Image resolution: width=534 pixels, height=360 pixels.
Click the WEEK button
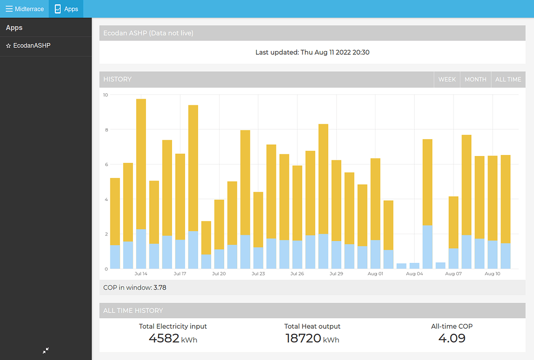447,79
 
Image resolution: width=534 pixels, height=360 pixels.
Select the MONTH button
475,79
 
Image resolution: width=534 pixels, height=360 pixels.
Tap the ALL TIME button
508,79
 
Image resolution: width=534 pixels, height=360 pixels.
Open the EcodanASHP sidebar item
31,46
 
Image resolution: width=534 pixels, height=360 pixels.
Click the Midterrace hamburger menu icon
9,9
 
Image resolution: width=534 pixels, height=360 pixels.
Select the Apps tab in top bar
66,9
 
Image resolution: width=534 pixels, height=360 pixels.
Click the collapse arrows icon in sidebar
46,351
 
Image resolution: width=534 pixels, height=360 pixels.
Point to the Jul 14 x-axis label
141,273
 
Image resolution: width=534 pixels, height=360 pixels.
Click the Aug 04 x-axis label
415,273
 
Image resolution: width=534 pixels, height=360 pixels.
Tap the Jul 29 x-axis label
336,273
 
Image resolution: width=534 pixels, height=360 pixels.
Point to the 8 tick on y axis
105,129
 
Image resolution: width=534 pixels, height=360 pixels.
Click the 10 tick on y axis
105,95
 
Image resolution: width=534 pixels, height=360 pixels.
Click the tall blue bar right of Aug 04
428,247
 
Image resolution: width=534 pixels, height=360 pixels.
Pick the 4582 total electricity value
164,338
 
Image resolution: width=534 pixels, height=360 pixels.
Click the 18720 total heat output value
303,338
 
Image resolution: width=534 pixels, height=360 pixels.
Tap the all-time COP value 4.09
452,338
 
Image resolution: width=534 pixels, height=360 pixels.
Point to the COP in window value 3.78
160,287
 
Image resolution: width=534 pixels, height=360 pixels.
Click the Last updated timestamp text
312,52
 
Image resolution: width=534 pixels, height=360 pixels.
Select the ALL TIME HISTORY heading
133,310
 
